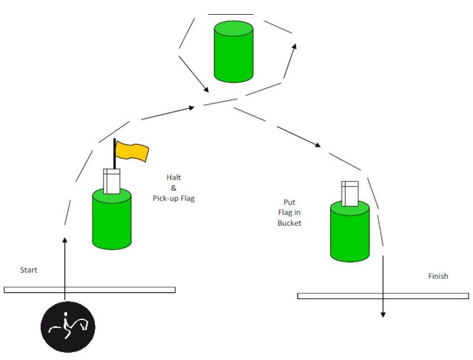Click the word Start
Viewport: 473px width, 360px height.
pyautogui.click(x=29, y=270)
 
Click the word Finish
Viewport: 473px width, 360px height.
pyautogui.click(x=438, y=276)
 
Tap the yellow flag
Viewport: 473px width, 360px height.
pyautogui.click(x=132, y=151)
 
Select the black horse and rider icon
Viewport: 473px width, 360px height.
pyautogui.click(x=68, y=327)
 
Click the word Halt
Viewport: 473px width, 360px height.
pyautogui.click(x=174, y=177)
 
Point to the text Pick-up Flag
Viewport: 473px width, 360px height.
pyautogui.click(x=174, y=198)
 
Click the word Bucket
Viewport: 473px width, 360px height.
pyautogui.click(x=289, y=223)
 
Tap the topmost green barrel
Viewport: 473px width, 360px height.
pyautogui.click(x=233, y=52)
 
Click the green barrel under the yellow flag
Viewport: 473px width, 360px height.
pyautogui.click(x=111, y=219)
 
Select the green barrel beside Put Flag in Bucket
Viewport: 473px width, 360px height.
pyautogui.click(x=350, y=231)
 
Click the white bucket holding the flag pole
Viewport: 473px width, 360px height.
pyautogui.click(x=111, y=181)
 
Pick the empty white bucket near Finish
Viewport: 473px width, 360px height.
pyautogui.click(x=350, y=194)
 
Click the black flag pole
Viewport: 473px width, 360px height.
pyautogui.click(x=115, y=153)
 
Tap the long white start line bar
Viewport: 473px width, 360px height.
pyautogui.click(x=89, y=290)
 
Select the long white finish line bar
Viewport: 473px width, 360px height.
pyautogui.click(x=383, y=296)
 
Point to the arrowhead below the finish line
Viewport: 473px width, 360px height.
pyautogui.click(x=383, y=315)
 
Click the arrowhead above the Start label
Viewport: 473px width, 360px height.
pyautogui.click(x=65, y=240)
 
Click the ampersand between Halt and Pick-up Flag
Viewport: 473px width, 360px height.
pyautogui.click(x=174, y=188)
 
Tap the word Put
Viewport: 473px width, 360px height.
pyautogui.click(x=289, y=202)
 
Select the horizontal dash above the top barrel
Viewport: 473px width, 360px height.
pyautogui.click(x=231, y=14)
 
